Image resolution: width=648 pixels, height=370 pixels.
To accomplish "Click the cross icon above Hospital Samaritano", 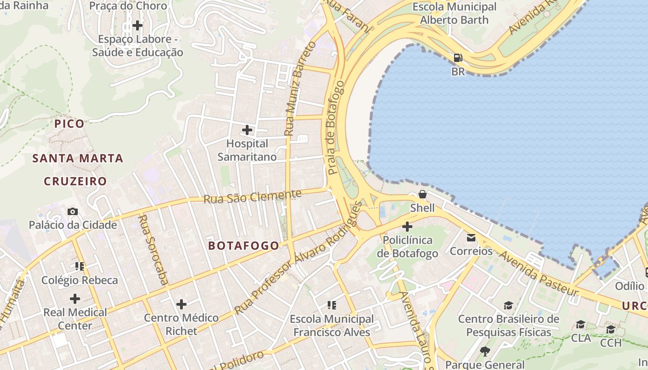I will click(247, 129).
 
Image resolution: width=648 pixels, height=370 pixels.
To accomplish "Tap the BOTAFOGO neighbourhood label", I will click(243, 246).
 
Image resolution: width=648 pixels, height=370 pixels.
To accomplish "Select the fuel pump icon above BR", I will click(458, 58).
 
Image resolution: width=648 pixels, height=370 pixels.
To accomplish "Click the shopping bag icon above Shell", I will click(422, 194).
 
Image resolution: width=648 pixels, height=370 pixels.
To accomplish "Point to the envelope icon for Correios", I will click(471, 238).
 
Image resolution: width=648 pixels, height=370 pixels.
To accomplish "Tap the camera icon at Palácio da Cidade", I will click(73, 211).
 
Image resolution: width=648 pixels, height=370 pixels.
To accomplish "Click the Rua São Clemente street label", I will click(252, 197).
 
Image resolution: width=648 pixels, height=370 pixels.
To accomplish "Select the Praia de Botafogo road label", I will click(336, 128).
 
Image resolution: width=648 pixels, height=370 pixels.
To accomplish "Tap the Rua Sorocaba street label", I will click(153, 249).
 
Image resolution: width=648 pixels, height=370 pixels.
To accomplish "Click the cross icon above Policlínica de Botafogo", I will click(407, 227).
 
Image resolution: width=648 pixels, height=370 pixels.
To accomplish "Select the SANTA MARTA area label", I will click(77, 158).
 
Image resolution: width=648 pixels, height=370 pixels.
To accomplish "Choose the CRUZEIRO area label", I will click(75, 181).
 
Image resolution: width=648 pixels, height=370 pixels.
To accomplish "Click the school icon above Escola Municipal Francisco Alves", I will click(331, 305).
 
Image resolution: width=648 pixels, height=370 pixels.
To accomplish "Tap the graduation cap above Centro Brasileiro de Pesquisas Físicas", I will click(508, 305).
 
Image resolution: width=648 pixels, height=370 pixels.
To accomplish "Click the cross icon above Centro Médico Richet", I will click(181, 304).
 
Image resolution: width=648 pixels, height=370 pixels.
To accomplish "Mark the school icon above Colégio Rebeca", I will click(79, 266).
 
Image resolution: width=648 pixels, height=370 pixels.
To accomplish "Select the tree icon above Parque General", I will click(485, 351).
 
